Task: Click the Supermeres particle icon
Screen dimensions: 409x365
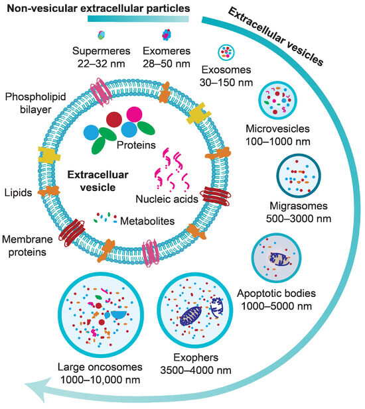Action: (100, 34)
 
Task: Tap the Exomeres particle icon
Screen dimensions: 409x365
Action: (165, 34)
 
